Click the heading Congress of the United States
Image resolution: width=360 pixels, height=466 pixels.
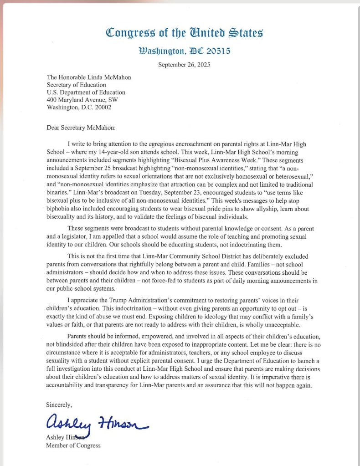tap(184, 33)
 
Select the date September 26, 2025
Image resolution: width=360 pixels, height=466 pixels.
tap(184, 64)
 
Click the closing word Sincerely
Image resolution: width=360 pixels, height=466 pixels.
tap(59, 404)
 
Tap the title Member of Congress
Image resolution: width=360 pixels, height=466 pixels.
tap(73, 445)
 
